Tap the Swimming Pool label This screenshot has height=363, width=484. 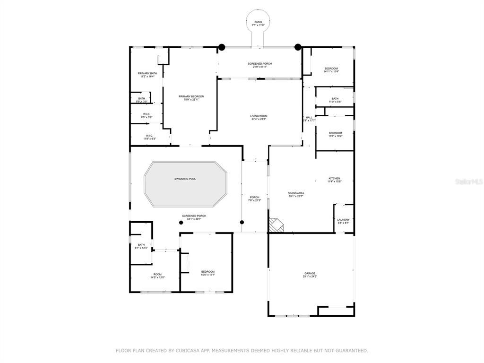pos(185,179)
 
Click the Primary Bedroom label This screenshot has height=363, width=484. pos(191,96)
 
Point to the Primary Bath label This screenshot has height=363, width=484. pos(147,73)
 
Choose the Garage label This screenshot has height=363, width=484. pos(310,273)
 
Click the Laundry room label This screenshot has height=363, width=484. pos(343,219)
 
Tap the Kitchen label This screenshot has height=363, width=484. pos(334,179)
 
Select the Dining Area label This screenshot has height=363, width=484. pos(296,193)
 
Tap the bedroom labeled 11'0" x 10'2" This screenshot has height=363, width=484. pos(335,133)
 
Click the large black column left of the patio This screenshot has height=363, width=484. pos(221,47)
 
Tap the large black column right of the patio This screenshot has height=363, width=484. pos(298,47)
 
